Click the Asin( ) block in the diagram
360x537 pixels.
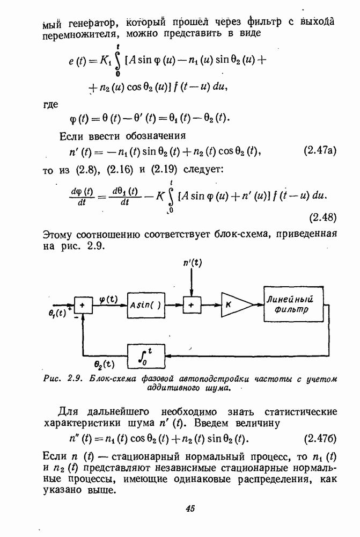coord(146,305)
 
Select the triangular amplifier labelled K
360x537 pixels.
coord(236,304)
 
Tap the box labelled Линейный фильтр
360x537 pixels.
coord(293,304)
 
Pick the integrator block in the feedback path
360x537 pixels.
coord(146,356)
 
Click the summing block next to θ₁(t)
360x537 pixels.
coord(83,304)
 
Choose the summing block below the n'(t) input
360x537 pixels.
coord(192,304)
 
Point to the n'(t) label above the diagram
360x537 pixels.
coord(192,263)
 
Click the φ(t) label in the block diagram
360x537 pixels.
coord(108,300)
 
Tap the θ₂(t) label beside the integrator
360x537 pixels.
coord(104,364)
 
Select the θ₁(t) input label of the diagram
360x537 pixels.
coord(57,313)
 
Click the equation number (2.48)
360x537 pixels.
coord(322,217)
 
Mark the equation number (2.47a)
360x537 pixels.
coord(320,150)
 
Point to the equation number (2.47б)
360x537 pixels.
coord(320,439)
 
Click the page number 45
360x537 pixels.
coord(190,508)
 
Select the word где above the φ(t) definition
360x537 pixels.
coord(50,105)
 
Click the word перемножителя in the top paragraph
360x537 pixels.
coord(82,34)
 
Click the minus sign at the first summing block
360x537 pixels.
coord(75,317)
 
